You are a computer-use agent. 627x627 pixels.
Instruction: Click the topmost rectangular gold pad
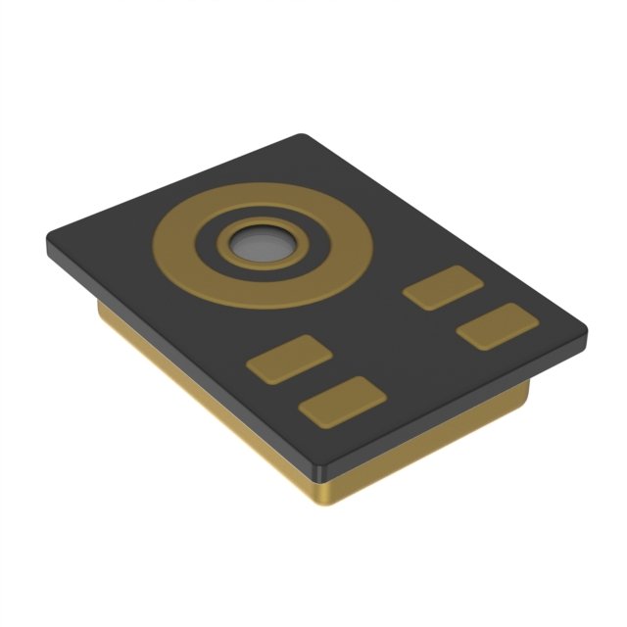click(x=443, y=287)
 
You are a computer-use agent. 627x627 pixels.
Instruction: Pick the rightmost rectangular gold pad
click(x=497, y=325)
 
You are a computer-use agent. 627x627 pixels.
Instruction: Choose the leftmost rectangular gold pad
click(x=288, y=359)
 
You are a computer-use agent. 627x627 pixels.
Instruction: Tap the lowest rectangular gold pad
click(x=342, y=401)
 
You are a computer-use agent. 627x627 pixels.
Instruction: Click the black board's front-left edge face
click(x=176, y=353)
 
